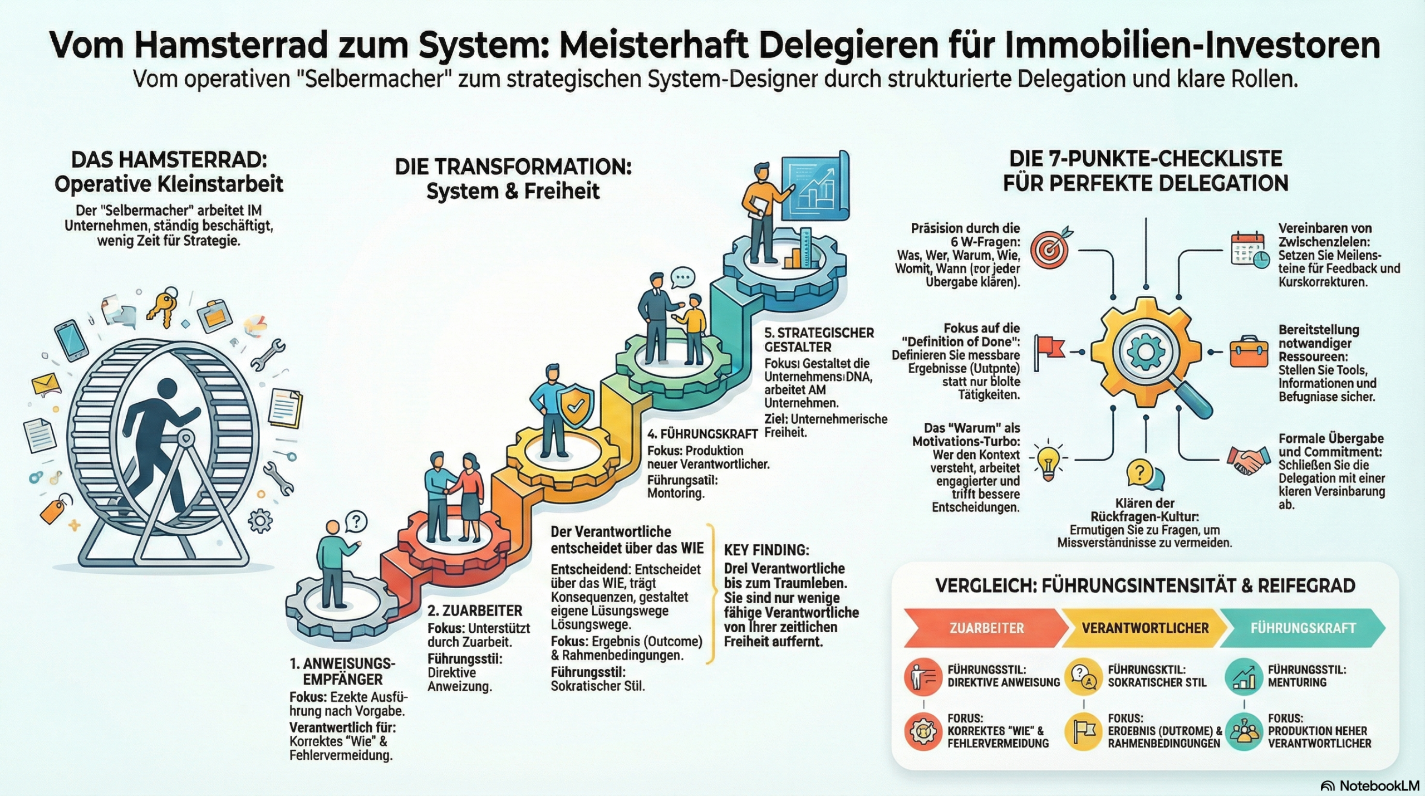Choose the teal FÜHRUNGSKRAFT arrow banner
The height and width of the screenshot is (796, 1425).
[1303, 628]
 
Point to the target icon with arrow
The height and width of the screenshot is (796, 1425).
[1050, 248]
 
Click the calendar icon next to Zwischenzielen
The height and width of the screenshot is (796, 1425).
[1249, 248]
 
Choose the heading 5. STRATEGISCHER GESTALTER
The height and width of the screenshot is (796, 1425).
[819, 340]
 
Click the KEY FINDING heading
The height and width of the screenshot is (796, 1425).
[766, 550]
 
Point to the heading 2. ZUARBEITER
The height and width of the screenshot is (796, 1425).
[474, 611]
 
